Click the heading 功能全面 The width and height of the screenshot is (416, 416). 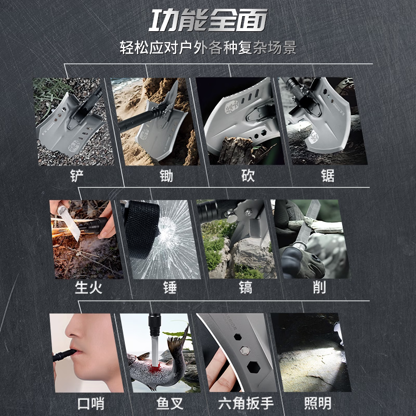[208, 20]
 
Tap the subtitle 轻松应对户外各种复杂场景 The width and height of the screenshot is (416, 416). [208, 48]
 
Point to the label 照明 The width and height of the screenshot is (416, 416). [317, 402]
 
